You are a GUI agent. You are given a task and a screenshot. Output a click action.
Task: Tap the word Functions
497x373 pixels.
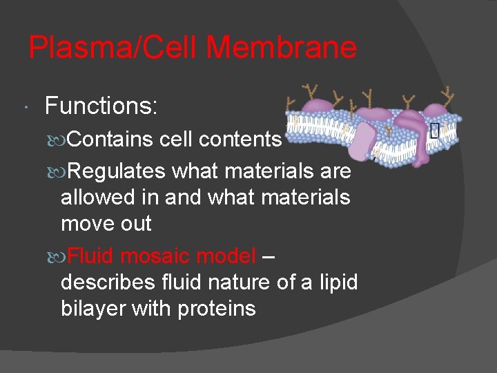(x=101, y=106)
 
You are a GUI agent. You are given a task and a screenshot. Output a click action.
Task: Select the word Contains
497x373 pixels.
(x=110, y=140)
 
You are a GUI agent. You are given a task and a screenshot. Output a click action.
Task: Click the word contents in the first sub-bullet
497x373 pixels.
(x=240, y=140)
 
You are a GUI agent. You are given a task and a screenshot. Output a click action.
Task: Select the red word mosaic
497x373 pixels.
(x=157, y=256)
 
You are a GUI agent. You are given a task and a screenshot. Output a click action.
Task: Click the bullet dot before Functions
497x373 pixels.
(x=26, y=108)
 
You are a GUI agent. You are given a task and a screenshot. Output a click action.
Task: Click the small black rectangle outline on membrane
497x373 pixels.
(x=434, y=130)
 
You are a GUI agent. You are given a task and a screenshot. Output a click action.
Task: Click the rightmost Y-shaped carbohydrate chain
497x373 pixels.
(x=449, y=95)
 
